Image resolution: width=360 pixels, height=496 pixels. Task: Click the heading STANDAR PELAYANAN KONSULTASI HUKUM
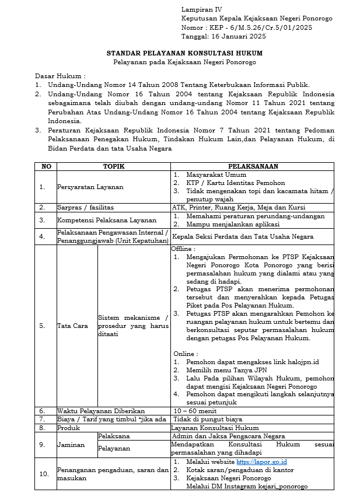click(x=184, y=53)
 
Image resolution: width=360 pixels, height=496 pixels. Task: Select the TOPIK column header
click(x=113, y=166)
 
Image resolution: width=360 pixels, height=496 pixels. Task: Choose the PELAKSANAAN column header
click(x=253, y=166)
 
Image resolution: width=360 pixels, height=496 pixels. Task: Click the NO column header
click(x=46, y=166)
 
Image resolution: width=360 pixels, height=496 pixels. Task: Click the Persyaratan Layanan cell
click(x=90, y=187)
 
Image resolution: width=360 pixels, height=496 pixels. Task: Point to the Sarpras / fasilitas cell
click(x=85, y=207)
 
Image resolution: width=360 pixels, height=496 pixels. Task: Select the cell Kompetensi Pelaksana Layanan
click(x=99, y=220)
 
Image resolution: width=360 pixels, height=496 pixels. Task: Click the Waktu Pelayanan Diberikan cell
click(x=101, y=411)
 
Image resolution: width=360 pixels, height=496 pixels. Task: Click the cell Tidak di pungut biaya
click(x=202, y=419)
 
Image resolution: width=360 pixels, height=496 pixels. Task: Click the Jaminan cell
click(x=71, y=444)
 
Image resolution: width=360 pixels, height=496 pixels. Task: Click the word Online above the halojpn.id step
click(x=186, y=354)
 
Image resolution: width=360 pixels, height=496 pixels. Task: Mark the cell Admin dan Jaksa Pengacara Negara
click(x=228, y=436)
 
